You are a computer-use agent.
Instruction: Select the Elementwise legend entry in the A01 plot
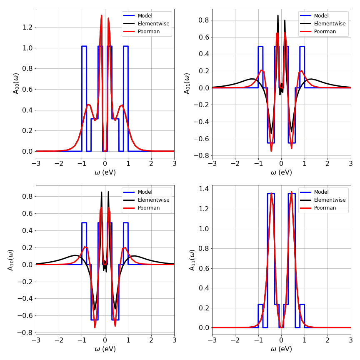click(330, 24)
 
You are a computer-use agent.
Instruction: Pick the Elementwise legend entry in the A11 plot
click(330, 200)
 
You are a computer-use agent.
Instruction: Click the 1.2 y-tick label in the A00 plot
click(27, 27)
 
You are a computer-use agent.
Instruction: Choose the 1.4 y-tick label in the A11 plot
click(203, 188)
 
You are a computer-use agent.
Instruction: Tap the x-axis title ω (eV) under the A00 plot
click(105, 172)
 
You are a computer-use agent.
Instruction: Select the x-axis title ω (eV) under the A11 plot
click(281, 349)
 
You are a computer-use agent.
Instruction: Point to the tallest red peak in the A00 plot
click(101, 16)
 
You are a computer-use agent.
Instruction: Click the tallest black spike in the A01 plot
click(278, 16)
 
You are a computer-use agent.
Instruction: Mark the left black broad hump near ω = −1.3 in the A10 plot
click(75, 255)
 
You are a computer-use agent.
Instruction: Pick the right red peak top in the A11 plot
click(291, 192)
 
